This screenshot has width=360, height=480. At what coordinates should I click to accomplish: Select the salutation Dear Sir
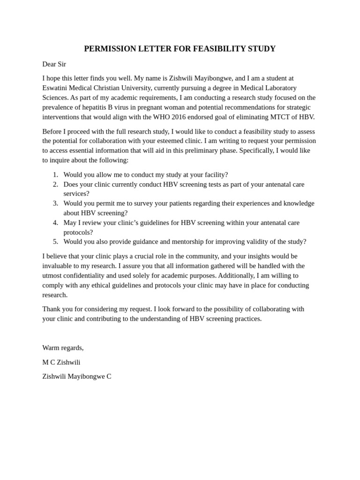pos(54,64)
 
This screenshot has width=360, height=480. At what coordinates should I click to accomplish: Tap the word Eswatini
pos(55,88)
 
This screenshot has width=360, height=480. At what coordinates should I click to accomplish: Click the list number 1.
pos(55,174)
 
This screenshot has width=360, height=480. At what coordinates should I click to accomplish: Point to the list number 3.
pos(55,203)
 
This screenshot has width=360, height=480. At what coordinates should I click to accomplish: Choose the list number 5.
pos(55,241)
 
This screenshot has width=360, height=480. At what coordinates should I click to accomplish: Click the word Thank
pos(52,309)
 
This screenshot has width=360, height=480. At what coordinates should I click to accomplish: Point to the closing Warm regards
pos(63,347)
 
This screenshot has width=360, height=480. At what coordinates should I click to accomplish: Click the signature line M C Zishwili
pos(61,362)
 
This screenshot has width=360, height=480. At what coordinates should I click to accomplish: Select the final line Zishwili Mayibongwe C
pos(76,376)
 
